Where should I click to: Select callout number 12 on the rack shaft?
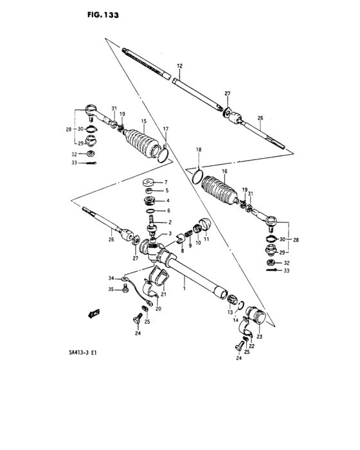pyautogui.click(x=179, y=66)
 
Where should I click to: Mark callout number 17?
pyautogui.click(x=165, y=129)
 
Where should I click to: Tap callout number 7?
pyautogui.click(x=165, y=181)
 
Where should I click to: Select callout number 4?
pyautogui.click(x=165, y=201)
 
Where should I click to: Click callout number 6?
pyautogui.click(x=168, y=210)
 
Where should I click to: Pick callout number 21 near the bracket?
pyautogui.click(x=164, y=294)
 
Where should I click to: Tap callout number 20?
pyautogui.click(x=159, y=309)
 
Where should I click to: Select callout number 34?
pyautogui.click(x=111, y=278)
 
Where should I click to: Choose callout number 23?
pyautogui.click(x=259, y=336)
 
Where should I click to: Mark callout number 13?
pyautogui.click(x=228, y=312)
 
